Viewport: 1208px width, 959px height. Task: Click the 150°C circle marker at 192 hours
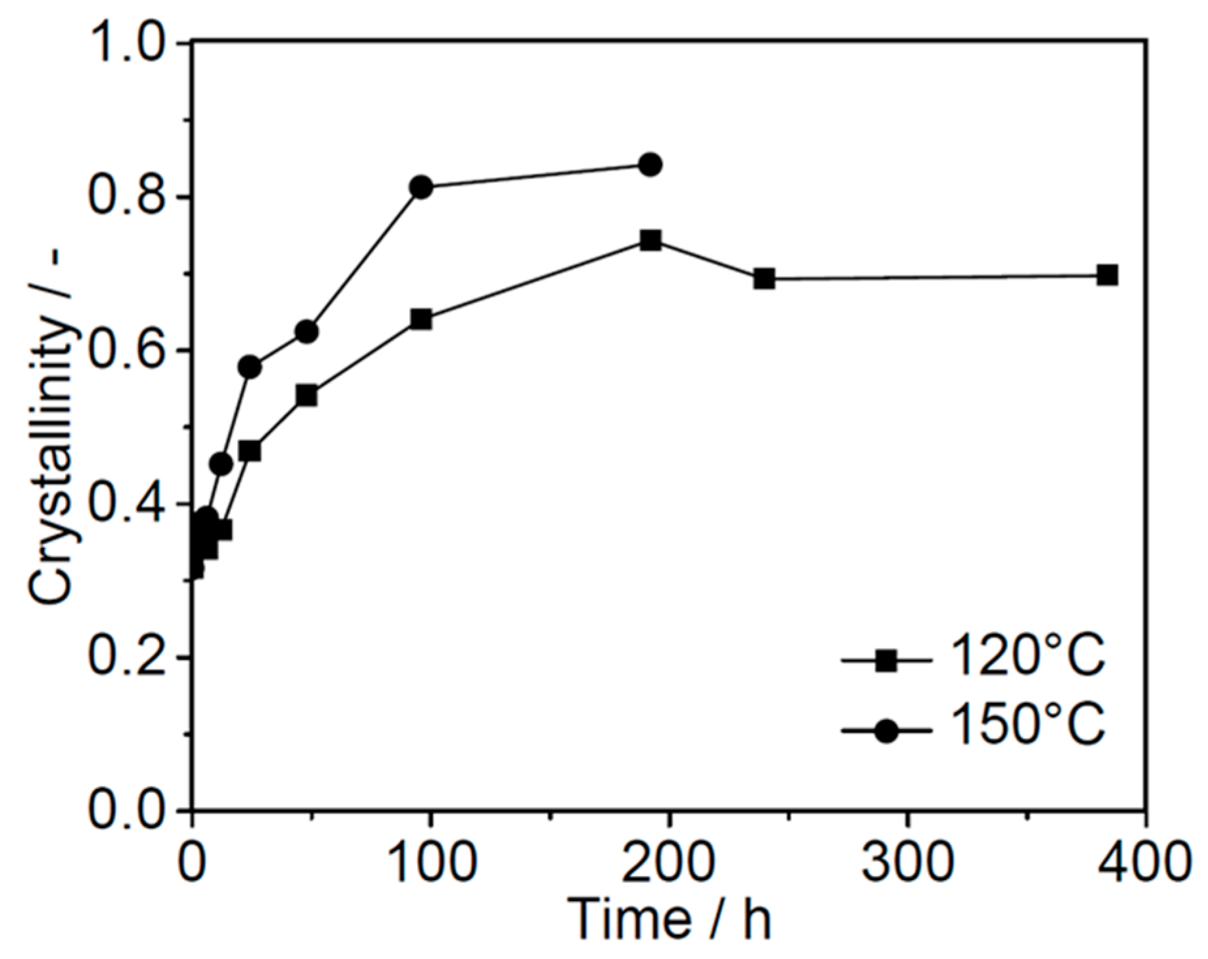pyautogui.click(x=650, y=165)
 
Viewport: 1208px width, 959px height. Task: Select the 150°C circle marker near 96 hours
pyautogui.click(x=421, y=188)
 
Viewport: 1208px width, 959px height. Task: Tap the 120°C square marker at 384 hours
pyautogui.click(x=1107, y=276)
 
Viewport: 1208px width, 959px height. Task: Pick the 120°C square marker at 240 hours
pyautogui.click(x=764, y=279)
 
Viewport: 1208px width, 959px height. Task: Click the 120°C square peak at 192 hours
pyautogui.click(x=650, y=241)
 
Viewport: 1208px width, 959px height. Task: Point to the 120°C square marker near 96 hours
pyautogui.click(x=421, y=319)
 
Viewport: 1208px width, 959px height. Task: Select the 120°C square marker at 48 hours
pyautogui.click(x=306, y=395)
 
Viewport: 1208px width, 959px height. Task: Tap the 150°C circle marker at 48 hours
pyautogui.click(x=306, y=332)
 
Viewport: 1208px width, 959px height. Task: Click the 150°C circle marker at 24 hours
pyautogui.click(x=250, y=367)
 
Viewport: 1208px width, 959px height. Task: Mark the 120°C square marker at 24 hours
pyautogui.click(x=250, y=451)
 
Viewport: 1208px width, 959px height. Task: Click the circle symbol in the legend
pyautogui.click(x=886, y=730)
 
